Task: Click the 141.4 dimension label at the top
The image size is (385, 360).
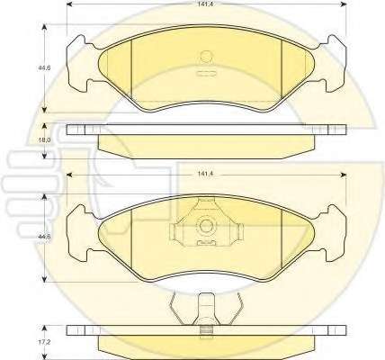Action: [x=203, y=4]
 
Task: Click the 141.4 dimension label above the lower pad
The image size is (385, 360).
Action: [x=203, y=175]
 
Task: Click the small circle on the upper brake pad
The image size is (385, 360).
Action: [x=206, y=56]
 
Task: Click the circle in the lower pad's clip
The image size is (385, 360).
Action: [x=206, y=226]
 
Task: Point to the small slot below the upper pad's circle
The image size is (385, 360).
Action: [x=206, y=73]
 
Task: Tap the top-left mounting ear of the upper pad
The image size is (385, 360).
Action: [x=77, y=42]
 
